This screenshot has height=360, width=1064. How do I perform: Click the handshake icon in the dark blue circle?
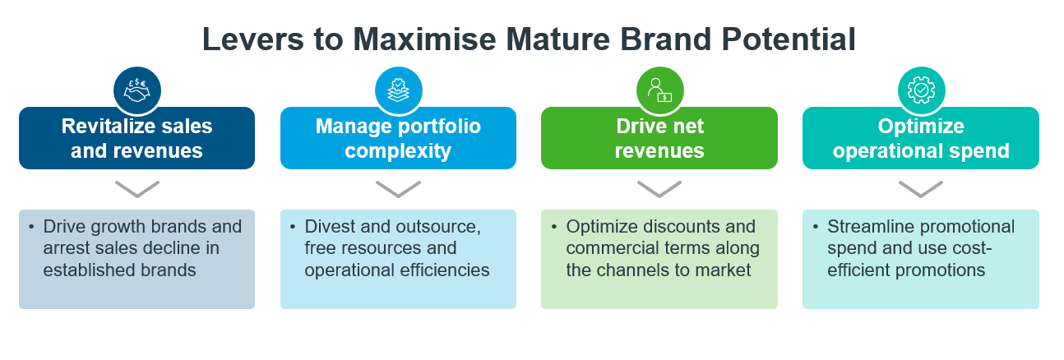click(x=136, y=90)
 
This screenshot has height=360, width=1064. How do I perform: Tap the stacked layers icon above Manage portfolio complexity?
click(x=399, y=90)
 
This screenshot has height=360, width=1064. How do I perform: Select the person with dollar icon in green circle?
click(x=659, y=90)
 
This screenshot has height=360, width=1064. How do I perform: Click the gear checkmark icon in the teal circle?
click(x=921, y=90)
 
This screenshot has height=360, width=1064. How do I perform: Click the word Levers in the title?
click(x=252, y=39)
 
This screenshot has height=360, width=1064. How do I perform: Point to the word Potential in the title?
click(x=789, y=39)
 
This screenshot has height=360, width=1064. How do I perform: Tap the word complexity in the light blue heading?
click(x=398, y=151)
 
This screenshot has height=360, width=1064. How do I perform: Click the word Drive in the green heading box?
click(x=637, y=127)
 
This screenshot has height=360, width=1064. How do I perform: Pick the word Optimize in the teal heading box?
click(x=921, y=127)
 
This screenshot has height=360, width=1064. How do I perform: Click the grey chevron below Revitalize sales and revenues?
click(x=137, y=188)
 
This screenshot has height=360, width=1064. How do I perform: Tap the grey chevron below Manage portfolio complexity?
click(x=398, y=188)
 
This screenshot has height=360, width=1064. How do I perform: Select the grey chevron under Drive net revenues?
click(x=659, y=188)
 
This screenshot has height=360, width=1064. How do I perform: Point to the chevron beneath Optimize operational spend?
click(x=921, y=188)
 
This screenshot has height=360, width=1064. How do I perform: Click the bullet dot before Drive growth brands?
click(x=31, y=227)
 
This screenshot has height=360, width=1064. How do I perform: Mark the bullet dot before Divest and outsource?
click(x=293, y=227)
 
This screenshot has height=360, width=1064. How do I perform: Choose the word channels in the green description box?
click(x=633, y=270)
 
